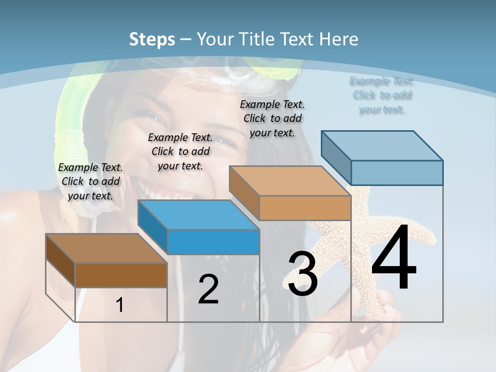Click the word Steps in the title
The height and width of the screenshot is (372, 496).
(152, 39)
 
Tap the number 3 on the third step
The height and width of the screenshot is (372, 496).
(303, 274)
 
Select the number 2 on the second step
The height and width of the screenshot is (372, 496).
(208, 289)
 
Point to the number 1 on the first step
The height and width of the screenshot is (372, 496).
(120, 305)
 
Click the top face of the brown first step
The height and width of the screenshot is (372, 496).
(106, 249)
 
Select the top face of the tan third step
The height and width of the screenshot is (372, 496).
(289, 181)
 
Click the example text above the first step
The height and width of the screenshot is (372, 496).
(90, 181)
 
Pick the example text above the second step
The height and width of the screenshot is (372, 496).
(180, 151)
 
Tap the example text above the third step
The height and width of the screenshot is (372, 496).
(272, 118)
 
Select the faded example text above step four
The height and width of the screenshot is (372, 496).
(382, 95)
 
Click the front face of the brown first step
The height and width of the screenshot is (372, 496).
(121, 275)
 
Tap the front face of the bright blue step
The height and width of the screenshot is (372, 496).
(213, 242)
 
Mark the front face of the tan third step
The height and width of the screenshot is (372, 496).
(305, 208)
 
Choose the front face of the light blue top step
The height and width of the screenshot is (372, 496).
(397, 173)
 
